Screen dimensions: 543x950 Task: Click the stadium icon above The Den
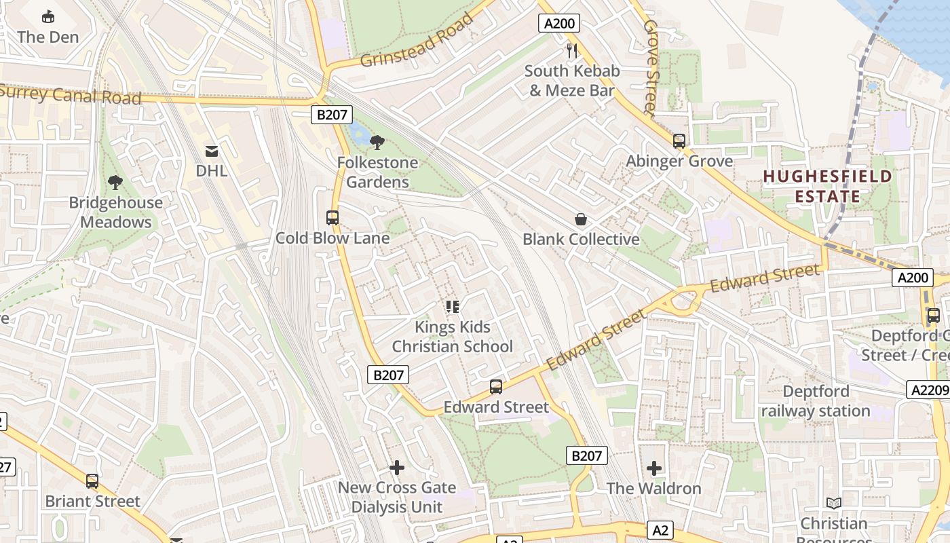[x=48, y=16]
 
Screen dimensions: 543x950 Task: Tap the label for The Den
[x=48, y=37]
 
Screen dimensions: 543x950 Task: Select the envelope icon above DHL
[x=212, y=151]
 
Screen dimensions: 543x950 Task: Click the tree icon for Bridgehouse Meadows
[x=115, y=182]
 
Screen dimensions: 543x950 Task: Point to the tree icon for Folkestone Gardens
[x=377, y=143]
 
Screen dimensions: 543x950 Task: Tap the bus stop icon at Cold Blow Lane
[x=332, y=218]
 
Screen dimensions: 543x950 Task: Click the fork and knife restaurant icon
[x=572, y=50]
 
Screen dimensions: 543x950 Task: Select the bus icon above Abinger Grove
[x=679, y=141]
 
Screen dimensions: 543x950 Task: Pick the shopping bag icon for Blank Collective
[x=581, y=219]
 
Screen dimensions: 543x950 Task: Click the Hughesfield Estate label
[x=827, y=187]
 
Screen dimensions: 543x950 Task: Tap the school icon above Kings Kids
[x=453, y=307]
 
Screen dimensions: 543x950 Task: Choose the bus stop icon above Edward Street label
[x=496, y=387]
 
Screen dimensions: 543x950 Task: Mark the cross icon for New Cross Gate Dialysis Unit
[x=397, y=468]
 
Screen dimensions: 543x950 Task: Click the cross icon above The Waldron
[x=654, y=468]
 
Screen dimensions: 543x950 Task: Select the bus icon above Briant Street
[x=92, y=481]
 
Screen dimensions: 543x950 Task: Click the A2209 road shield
[x=927, y=390]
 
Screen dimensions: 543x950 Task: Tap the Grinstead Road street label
[x=417, y=39]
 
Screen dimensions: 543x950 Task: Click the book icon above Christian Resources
[x=834, y=504]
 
